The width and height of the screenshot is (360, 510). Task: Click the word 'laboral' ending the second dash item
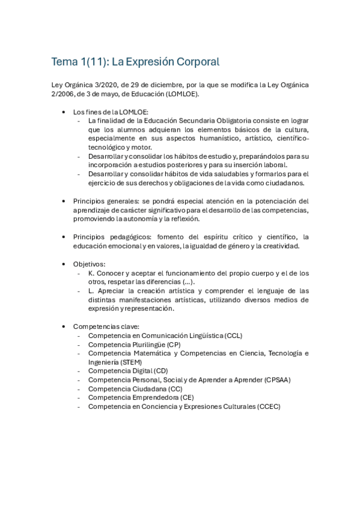(x=274, y=165)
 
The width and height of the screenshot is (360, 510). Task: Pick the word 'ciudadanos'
(x=285, y=183)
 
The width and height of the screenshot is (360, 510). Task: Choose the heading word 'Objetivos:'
(x=90, y=263)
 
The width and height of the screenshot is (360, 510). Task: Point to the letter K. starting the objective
(x=91, y=272)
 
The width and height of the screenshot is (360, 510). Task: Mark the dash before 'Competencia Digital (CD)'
(x=79, y=371)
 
